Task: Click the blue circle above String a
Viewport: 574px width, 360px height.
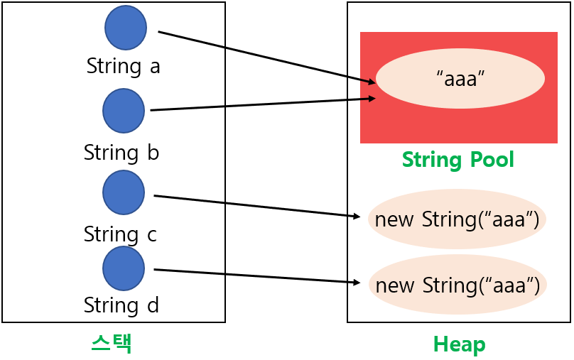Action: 126,28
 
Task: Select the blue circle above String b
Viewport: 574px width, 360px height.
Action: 124,111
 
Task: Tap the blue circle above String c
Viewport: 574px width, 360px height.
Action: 124,192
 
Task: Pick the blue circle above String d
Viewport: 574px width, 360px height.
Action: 124,268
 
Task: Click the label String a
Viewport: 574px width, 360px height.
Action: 124,66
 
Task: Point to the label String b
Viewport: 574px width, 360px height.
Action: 121,153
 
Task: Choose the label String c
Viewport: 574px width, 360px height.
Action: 120,234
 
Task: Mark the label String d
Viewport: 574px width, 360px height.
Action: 121,305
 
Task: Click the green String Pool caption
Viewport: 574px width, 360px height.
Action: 458,160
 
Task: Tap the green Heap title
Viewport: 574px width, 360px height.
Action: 459,345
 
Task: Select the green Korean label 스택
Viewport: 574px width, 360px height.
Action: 112,344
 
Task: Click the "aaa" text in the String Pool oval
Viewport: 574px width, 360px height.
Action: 460,78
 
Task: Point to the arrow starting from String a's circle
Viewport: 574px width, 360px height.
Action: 266,58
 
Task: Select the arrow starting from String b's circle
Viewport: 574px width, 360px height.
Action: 263,104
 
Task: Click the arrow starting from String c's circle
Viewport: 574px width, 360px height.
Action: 257,206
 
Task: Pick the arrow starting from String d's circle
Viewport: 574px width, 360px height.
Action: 257,276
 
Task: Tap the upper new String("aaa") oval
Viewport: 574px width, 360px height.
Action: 457,219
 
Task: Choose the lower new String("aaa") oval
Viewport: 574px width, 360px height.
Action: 457,285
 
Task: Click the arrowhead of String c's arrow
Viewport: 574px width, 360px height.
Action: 357,217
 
